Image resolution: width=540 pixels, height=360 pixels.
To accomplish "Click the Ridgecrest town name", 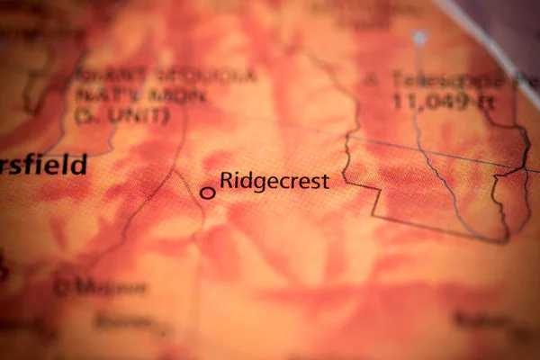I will click(274, 181).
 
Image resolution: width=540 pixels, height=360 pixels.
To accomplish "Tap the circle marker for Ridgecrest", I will click(208, 192).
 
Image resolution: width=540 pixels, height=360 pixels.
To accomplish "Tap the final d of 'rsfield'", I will click(80, 165).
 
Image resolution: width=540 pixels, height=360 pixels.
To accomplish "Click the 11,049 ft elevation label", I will click(443, 102).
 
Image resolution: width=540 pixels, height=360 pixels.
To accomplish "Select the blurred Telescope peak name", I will click(441, 79).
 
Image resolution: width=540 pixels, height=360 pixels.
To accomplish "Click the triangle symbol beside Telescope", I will click(371, 79).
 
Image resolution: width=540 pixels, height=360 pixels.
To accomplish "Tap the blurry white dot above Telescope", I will click(419, 39).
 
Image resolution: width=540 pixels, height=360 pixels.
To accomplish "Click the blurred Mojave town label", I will click(112, 288).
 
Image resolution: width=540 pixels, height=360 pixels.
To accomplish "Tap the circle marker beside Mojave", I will click(62, 288).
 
